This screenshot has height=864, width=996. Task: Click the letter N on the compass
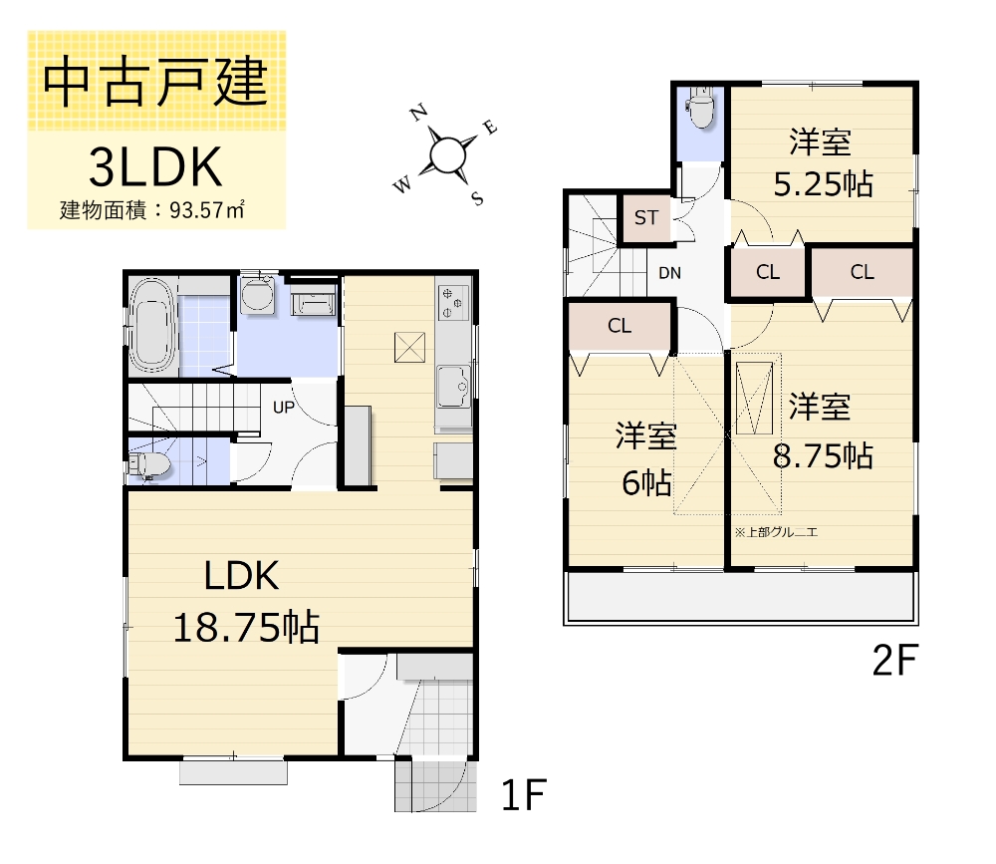click(x=421, y=113)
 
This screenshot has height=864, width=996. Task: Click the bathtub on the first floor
click(x=153, y=323)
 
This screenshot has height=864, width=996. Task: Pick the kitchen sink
click(x=453, y=384)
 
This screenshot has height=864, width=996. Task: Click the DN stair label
click(x=669, y=272)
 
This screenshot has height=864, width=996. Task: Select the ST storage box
click(x=646, y=218)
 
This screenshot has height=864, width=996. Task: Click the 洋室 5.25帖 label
click(x=822, y=162)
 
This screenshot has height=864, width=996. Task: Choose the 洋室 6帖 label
click(x=646, y=459)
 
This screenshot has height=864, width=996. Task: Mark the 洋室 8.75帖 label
click(x=823, y=431)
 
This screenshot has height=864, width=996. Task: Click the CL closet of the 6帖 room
click(x=620, y=326)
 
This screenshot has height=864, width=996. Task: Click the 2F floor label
click(x=893, y=661)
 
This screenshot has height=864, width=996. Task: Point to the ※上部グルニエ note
click(x=776, y=533)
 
